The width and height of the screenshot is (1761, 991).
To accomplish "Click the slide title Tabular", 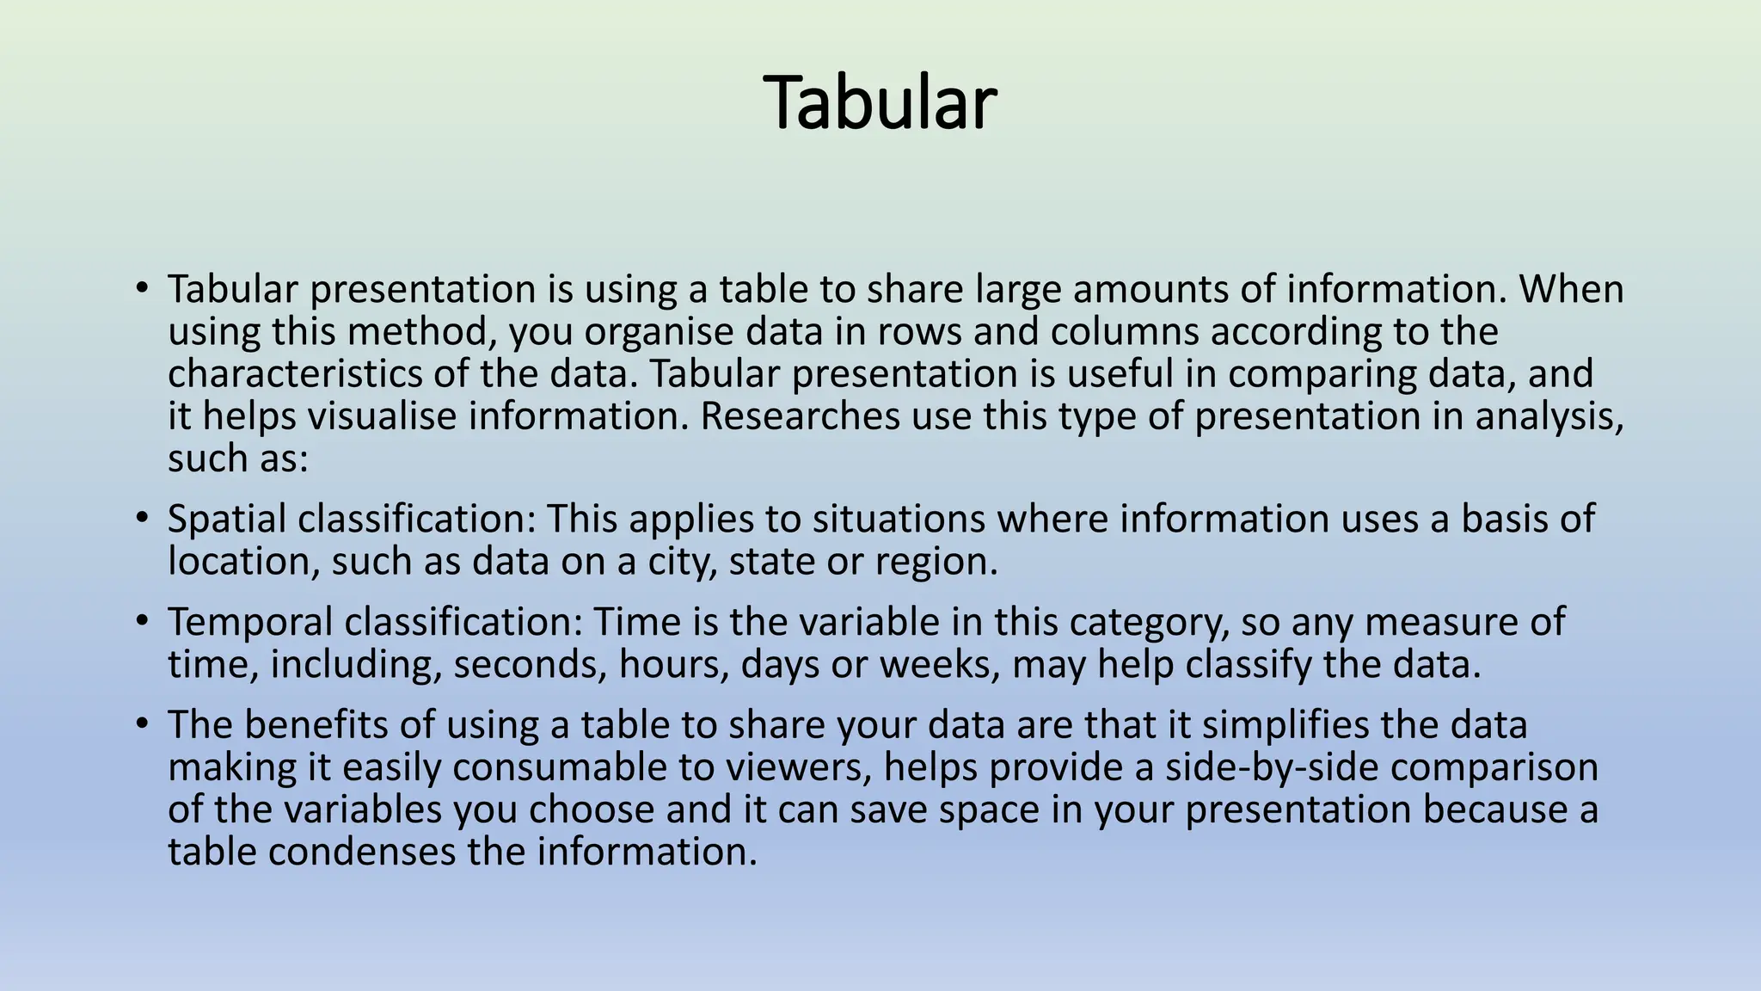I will pyautogui.click(x=880, y=103).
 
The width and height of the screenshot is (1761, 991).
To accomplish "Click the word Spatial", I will pyautogui.click(x=225, y=520).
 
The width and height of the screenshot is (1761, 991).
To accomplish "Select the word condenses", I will pyautogui.click(x=362, y=852).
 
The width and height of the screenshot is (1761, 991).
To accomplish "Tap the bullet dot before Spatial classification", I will pyautogui.click(x=142, y=518).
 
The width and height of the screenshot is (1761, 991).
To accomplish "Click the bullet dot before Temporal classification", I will pyautogui.click(x=142, y=620).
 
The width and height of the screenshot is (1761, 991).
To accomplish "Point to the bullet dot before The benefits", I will pyautogui.click(x=142, y=723).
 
